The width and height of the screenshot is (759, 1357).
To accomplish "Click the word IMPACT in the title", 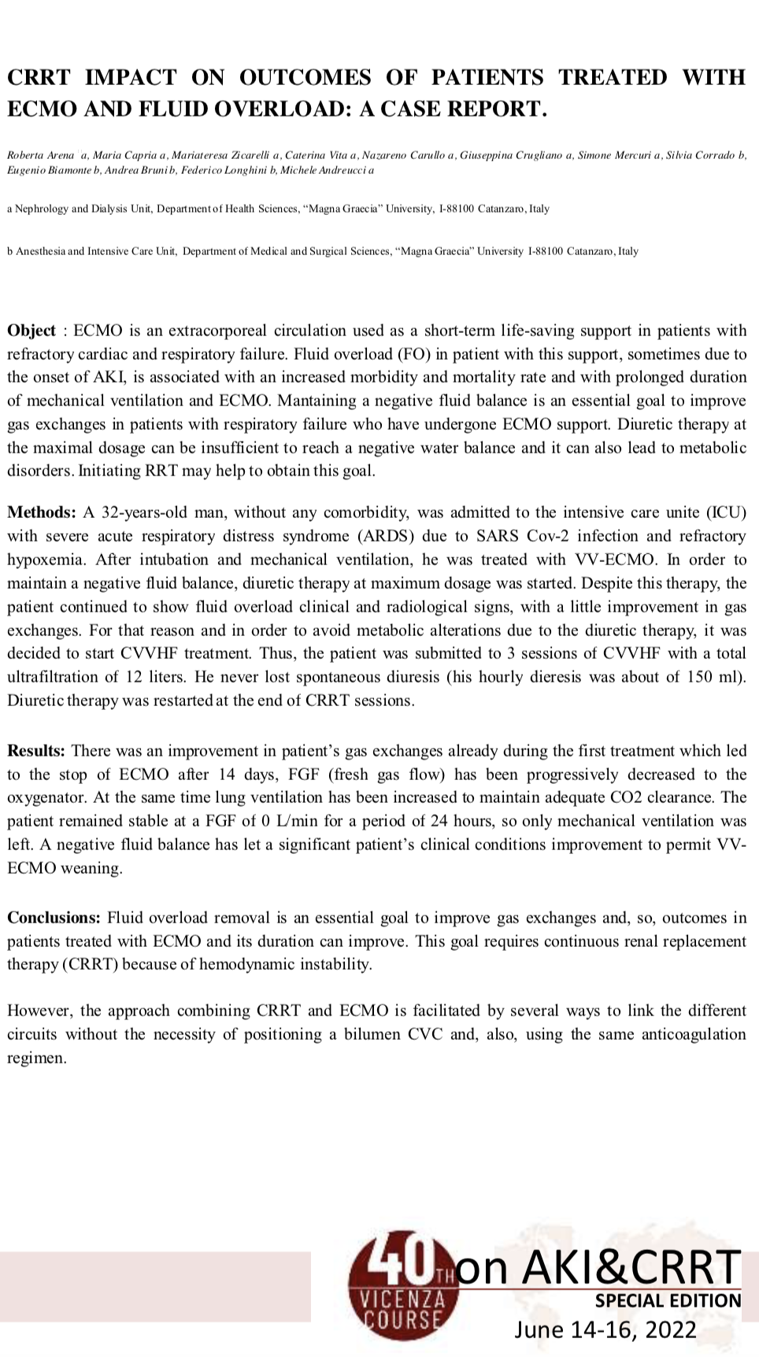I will click(131, 77).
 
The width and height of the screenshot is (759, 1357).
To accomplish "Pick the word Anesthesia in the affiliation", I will click(40, 252).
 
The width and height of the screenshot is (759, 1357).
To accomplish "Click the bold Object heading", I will click(31, 331).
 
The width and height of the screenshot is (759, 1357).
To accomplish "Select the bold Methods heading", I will click(41, 513).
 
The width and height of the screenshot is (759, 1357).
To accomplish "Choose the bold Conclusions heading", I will click(54, 918).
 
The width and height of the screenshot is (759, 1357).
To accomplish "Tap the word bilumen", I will click(372, 1034).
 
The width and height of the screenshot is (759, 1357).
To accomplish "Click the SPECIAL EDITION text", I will click(668, 1300).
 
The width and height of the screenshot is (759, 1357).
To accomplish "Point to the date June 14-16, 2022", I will click(605, 1330).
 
